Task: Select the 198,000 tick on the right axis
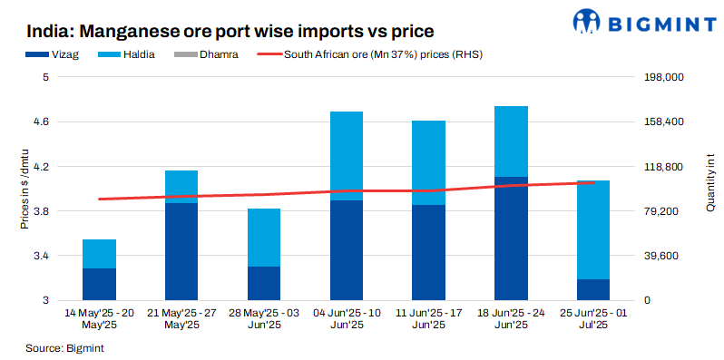[663, 78]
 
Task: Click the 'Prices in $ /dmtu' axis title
[25, 188]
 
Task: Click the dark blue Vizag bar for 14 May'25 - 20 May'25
[99, 284]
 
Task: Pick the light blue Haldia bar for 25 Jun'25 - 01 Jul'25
[593, 229]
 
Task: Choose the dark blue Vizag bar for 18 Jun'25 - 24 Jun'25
[511, 238]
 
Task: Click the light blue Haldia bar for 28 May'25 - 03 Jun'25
[264, 238]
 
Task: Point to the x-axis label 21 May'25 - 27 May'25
[181, 318]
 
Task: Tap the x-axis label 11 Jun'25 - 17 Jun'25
[428, 318]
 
